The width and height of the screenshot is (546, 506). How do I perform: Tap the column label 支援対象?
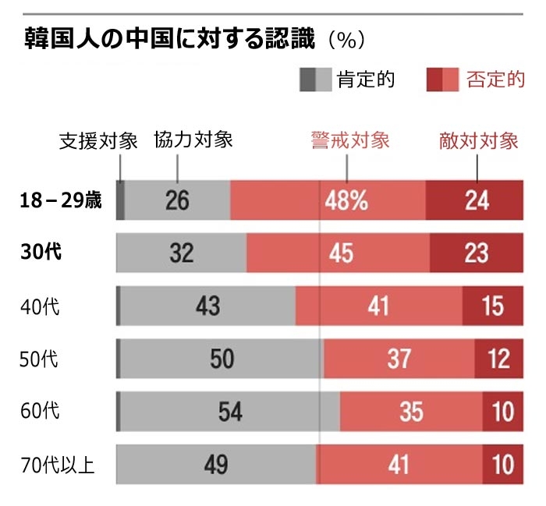tap(98, 141)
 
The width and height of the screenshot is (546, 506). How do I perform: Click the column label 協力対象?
tap(193, 140)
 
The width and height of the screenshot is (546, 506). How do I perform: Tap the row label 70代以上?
tap(57, 465)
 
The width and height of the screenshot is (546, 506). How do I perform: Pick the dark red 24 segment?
tap(474, 200)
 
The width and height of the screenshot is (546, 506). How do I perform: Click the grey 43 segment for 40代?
tap(207, 306)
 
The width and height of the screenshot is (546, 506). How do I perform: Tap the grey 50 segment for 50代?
tap(222, 359)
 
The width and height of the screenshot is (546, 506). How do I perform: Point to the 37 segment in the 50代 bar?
tap(399, 359)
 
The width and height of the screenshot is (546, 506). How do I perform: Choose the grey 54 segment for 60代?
tap(229, 412)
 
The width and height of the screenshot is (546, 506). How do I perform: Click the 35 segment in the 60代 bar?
tap(411, 412)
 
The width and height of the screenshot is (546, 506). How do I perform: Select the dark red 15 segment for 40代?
tap(492, 306)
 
